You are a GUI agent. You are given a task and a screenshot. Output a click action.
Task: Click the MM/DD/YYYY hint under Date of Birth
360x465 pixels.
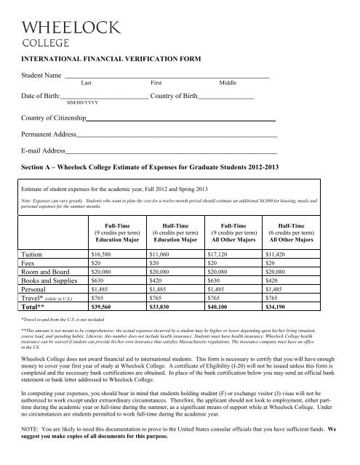pos(82,104)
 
